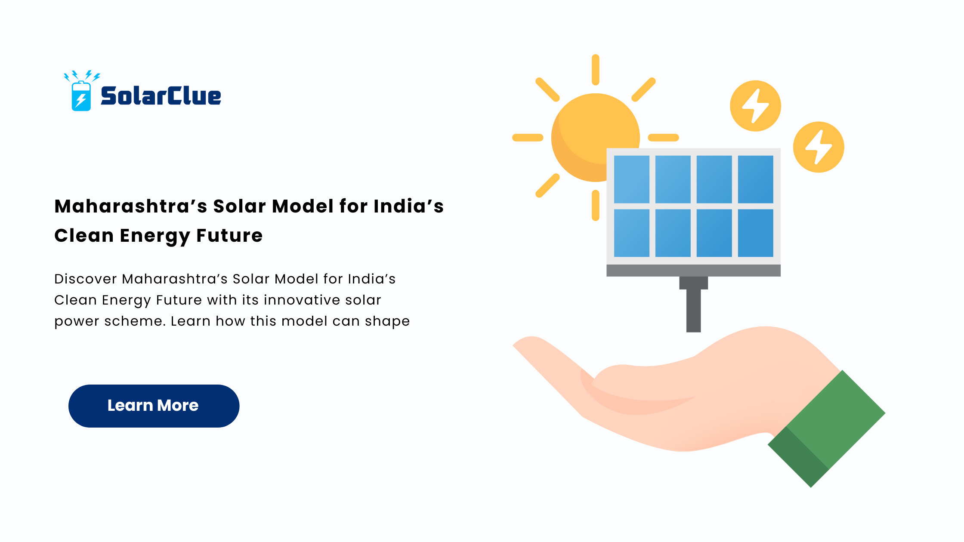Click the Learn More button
click(x=154, y=406)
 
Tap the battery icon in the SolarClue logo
click(x=81, y=96)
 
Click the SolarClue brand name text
click(x=161, y=96)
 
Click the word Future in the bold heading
click(x=229, y=235)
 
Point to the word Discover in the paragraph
click(x=86, y=279)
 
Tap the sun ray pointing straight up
click(x=596, y=70)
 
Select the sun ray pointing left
click(x=528, y=138)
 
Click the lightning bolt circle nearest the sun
click(x=756, y=106)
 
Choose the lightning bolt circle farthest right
click(x=819, y=147)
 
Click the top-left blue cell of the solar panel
click(x=631, y=179)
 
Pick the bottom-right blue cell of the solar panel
click(x=755, y=233)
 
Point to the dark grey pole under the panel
click(x=693, y=310)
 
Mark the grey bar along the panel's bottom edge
click(x=693, y=271)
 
